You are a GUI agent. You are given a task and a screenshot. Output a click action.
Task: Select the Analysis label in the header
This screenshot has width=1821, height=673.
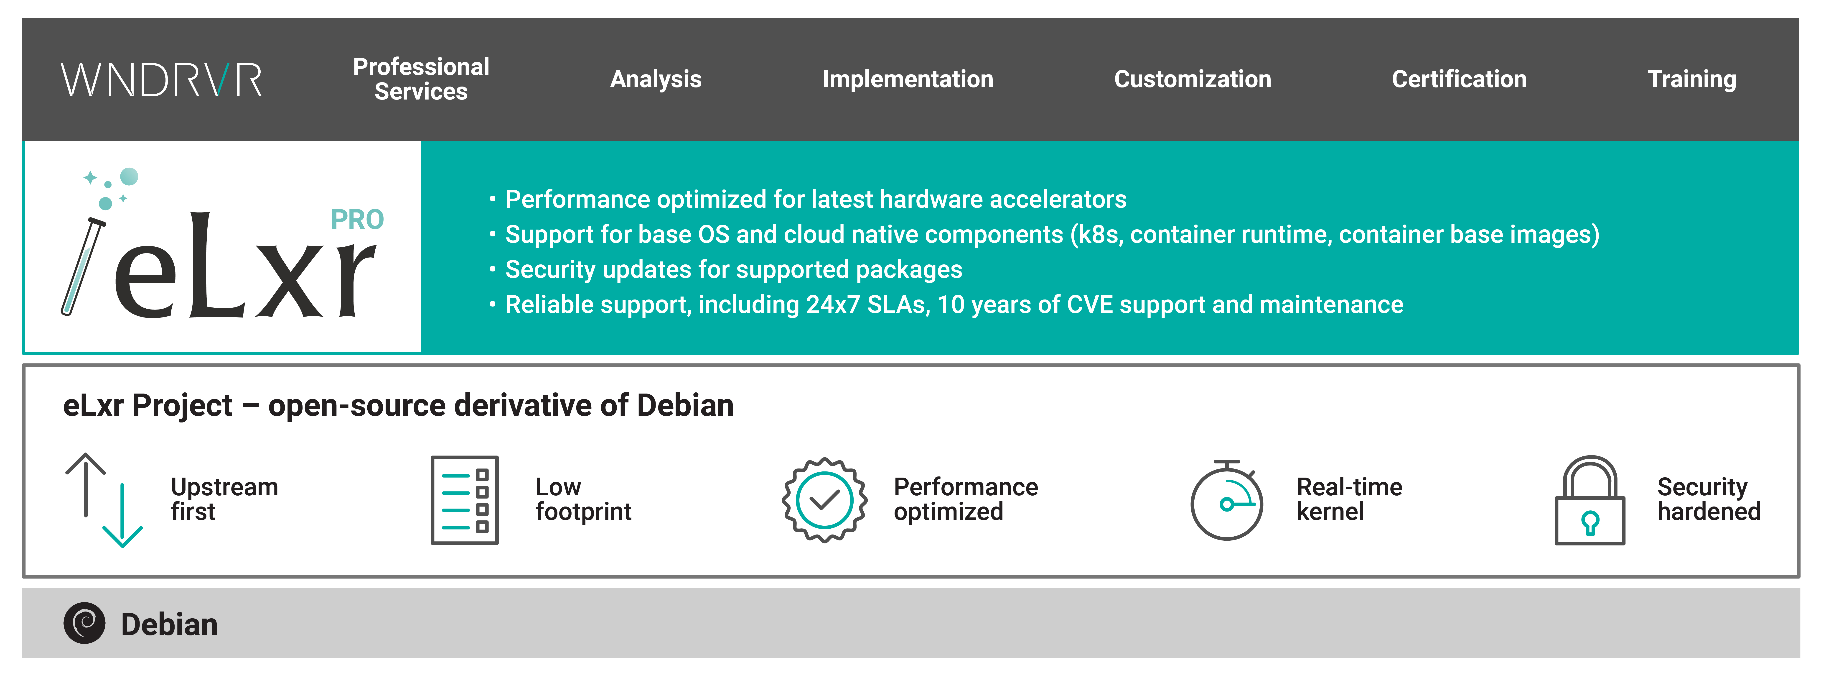pos(655,79)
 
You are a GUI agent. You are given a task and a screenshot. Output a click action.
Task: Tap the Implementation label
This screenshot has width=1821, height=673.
pos(908,79)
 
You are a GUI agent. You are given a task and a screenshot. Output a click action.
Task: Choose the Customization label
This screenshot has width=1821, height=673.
pos(1193,79)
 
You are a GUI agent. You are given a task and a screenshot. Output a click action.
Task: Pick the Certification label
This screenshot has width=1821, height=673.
pos(1459,79)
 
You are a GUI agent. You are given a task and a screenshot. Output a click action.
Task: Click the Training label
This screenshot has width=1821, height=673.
pos(1692,79)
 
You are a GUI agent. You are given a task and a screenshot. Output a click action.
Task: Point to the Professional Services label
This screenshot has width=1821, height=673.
pos(421,79)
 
